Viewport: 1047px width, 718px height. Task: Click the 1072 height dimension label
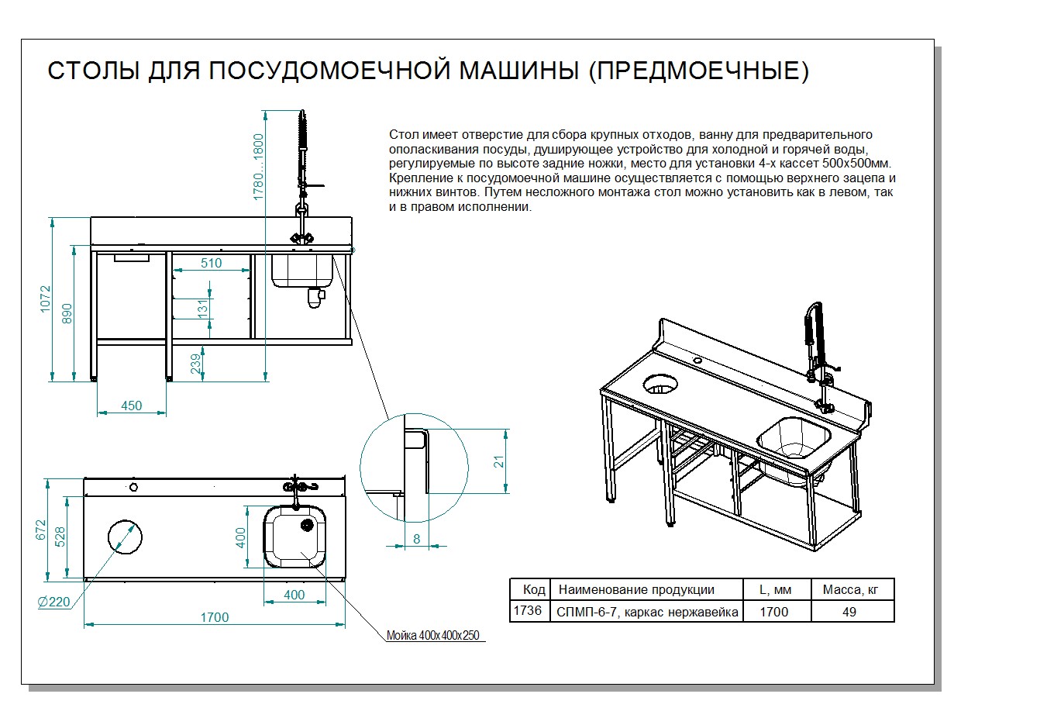(46, 299)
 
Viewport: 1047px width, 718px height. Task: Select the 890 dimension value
(67, 314)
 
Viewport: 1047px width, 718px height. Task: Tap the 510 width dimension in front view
(212, 263)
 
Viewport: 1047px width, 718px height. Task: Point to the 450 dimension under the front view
(132, 406)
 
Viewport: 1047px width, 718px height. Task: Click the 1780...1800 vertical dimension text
(259, 167)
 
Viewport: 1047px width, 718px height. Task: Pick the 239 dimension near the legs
(195, 363)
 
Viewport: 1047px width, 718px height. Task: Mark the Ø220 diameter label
(54, 602)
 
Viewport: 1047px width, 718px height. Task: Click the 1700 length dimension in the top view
(215, 617)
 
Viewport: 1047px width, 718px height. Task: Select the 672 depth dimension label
(42, 530)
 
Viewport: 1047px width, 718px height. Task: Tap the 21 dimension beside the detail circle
(500, 462)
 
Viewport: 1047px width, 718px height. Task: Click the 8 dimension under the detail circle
(417, 539)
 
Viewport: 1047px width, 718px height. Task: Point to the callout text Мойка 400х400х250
(433, 636)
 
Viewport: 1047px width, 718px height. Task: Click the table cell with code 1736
(528, 611)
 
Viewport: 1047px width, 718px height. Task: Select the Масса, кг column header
(851, 589)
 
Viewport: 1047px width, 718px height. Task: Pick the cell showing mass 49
(849, 612)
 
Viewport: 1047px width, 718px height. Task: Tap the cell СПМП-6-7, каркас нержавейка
(647, 612)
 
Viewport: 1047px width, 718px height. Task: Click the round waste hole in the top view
(124, 537)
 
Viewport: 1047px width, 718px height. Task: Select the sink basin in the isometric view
(792, 439)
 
